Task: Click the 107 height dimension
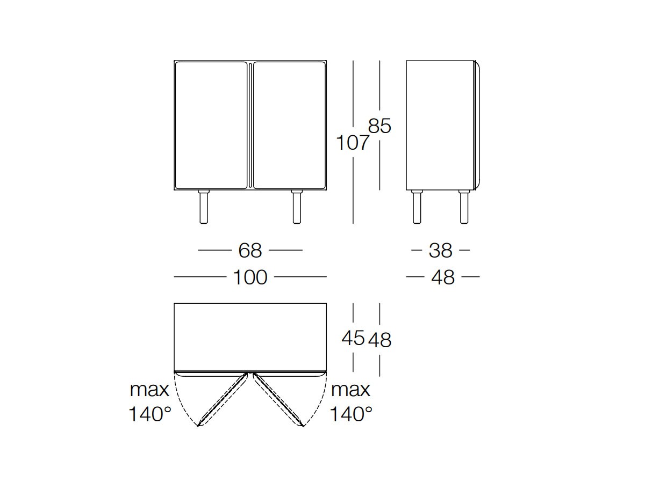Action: pos(352,143)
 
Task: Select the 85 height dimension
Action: pos(379,126)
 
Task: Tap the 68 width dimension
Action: pos(250,251)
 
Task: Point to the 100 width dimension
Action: pos(250,277)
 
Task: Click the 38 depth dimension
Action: pos(440,251)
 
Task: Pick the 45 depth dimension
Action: pos(353,338)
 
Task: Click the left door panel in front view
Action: pos(211,125)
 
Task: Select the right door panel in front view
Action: pos(289,125)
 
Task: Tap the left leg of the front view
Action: pos(204,207)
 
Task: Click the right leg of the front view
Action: pos(297,207)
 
